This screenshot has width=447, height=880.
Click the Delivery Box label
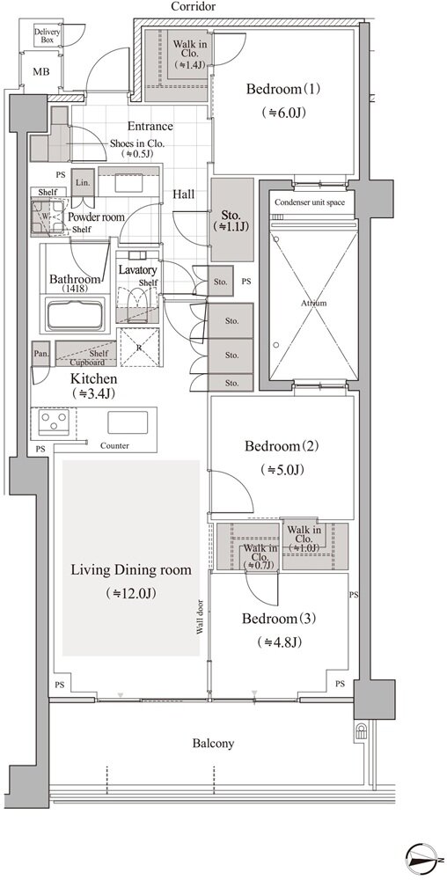(x=48, y=36)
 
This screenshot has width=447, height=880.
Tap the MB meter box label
(x=40, y=72)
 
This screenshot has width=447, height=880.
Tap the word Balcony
(x=213, y=744)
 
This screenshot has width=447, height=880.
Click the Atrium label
(x=313, y=303)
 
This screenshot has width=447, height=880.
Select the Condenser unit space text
(x=310, y=202)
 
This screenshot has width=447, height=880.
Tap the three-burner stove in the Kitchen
(x=54, y=421)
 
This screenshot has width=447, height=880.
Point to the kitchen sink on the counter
(x=128, y=422)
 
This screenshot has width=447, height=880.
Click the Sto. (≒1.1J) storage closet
(x=232, y=220)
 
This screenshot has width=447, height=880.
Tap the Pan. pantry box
(x=41, y=354)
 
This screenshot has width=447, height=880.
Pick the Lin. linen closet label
(x=83, y=183)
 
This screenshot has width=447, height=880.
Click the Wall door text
(x=201, y=618)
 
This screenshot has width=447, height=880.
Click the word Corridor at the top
(x=193, y=7)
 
